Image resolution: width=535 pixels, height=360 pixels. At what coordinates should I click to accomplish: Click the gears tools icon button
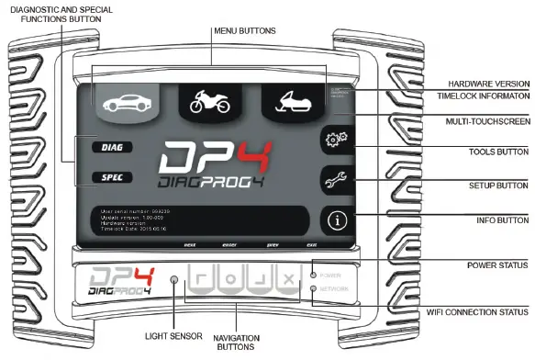click(x=337, y=140)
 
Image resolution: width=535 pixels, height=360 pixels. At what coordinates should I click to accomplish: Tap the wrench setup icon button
click(x=337, y=180)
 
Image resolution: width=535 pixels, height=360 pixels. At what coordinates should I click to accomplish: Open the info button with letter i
click(x=337, y=220)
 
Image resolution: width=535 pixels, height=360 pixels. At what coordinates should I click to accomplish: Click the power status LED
click(x=314, y=275)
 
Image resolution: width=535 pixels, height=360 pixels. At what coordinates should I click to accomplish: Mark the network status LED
click(x=314, y=289)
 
